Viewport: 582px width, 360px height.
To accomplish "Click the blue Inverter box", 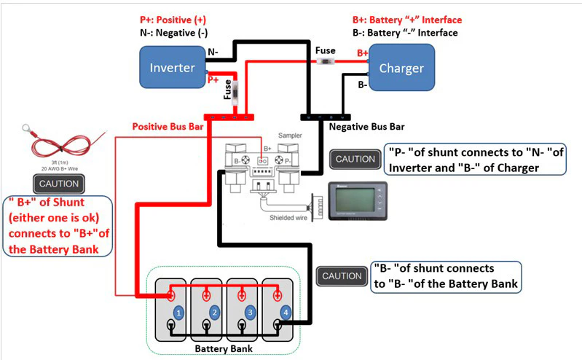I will coord(173,68).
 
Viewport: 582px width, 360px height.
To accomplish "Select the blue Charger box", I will coord(401,69).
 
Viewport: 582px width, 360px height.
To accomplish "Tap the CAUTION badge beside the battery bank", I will coord(341,276).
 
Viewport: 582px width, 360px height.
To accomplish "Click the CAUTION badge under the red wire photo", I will coord(58,184).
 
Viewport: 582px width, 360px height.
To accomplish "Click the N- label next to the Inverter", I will coord(213,52).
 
